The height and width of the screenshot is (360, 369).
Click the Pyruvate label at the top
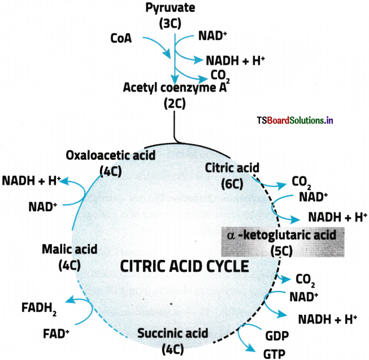tap(170, 8)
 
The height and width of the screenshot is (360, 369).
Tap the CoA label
tap(121, 38)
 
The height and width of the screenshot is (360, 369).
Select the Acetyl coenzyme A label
tap(175, 88)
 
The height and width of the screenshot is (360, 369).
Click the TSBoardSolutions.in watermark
tap(295, 120)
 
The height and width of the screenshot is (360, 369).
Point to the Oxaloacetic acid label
tap(111, 155)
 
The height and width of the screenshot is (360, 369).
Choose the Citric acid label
tap(232, 168)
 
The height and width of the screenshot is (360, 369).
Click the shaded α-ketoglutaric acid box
tap(283, 242)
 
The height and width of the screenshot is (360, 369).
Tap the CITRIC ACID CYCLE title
tap(184, 266)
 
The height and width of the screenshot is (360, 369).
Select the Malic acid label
tap(70, 249)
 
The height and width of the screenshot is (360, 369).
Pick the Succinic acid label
tap(173, 333)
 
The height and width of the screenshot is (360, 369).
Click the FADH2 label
tap(39, 308)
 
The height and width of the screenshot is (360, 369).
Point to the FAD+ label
tap(56, 333)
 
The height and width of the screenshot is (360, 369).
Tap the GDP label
tap(277, 336)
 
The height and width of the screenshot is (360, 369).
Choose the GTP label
tap(275, 354)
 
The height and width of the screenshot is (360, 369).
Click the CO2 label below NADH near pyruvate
tap(220, 76)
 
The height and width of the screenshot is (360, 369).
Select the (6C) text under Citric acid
tap(232, 184)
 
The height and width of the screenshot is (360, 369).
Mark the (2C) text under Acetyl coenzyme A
tap(175, 103)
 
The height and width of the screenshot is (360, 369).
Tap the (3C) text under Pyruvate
tap(170, 23)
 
